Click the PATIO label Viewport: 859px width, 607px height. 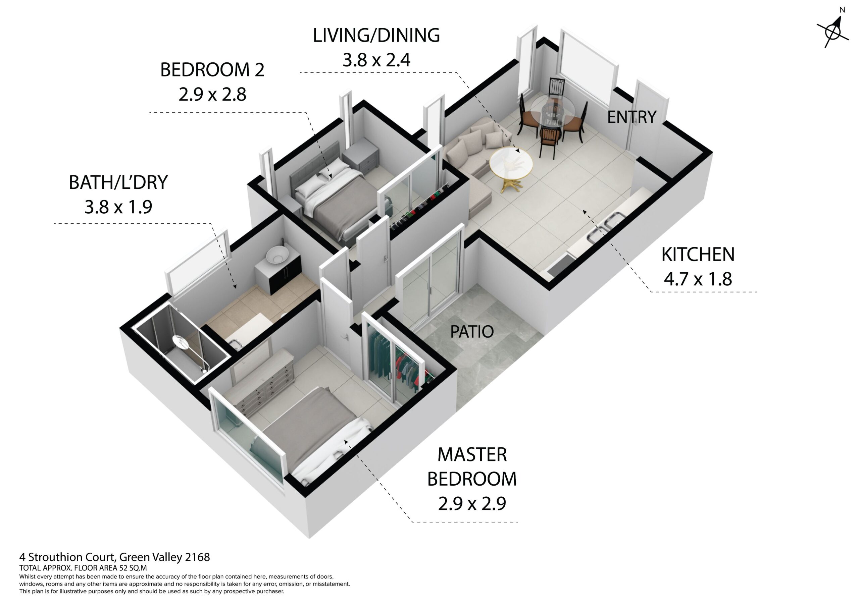[x=472, y=332]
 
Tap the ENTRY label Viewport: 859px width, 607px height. [x=631, y=117]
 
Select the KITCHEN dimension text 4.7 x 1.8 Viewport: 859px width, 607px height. [x=698, y=279]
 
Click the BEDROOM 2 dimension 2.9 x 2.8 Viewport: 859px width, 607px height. [x=212, y=94]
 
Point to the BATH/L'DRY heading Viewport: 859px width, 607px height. [x=118, y=182]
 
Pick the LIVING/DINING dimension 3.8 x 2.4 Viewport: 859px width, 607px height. [x=376, y=60]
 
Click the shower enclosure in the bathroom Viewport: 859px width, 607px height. [x=182, y=342]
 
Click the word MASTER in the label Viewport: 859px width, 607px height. [x=472, y=455]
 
